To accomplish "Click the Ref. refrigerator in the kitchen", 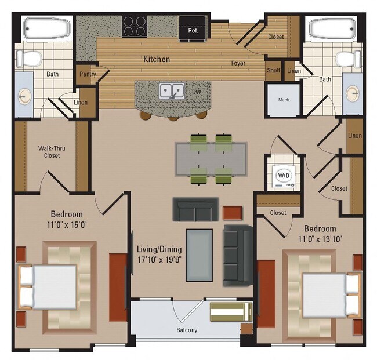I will (x=193, y=30).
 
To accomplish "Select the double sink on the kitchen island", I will (x=172, y=91).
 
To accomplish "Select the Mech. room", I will (x=284, y=100).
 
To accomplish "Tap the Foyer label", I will (x=238, y=63).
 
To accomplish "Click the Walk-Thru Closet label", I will (x=52, y=151).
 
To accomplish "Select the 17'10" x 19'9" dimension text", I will (x=159, y=259).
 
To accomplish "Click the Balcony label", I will (x=187, y=330).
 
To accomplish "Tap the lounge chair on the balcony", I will (x=230, y=311).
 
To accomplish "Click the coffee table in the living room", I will (x=199, y=255).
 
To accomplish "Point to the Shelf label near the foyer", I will (x=273, y=71).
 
